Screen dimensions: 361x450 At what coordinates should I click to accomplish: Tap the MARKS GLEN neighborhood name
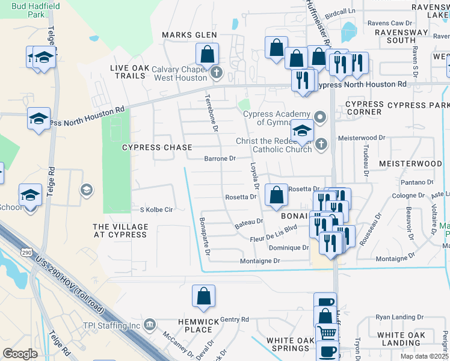[189, 35]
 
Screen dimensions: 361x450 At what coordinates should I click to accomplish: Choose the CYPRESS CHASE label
[157, 147]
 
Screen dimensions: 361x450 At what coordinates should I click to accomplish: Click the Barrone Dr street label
[220, 159]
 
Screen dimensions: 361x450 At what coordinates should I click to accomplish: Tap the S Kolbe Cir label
[156, 210]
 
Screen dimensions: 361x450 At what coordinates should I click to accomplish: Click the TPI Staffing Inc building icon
[149, 326]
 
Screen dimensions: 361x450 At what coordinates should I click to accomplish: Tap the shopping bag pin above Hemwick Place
[203, 295]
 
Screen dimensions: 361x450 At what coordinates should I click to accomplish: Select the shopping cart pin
[327, 333]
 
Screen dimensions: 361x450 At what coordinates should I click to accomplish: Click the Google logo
[20, 354]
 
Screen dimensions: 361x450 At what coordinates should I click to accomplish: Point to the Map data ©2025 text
[424, 356]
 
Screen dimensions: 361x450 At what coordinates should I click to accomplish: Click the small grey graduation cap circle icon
[87, 190]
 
